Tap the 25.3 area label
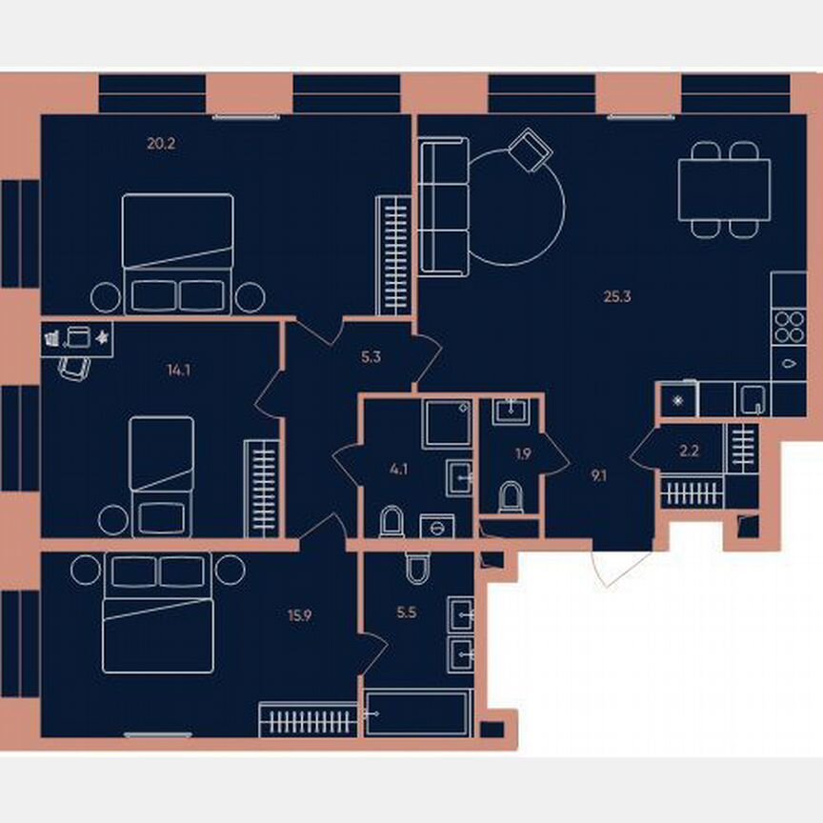click(x=617, y=296)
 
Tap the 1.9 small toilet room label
click(x=522, y=453)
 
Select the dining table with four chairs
click(x=724, y=191)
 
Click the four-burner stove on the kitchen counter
click(x=789, y=328)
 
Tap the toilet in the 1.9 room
click(x=511, y=496)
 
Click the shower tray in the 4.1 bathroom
click(x=447, y=425)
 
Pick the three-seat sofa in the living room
click(x=444, y=206)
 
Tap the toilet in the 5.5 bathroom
click(x=417, y=568)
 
